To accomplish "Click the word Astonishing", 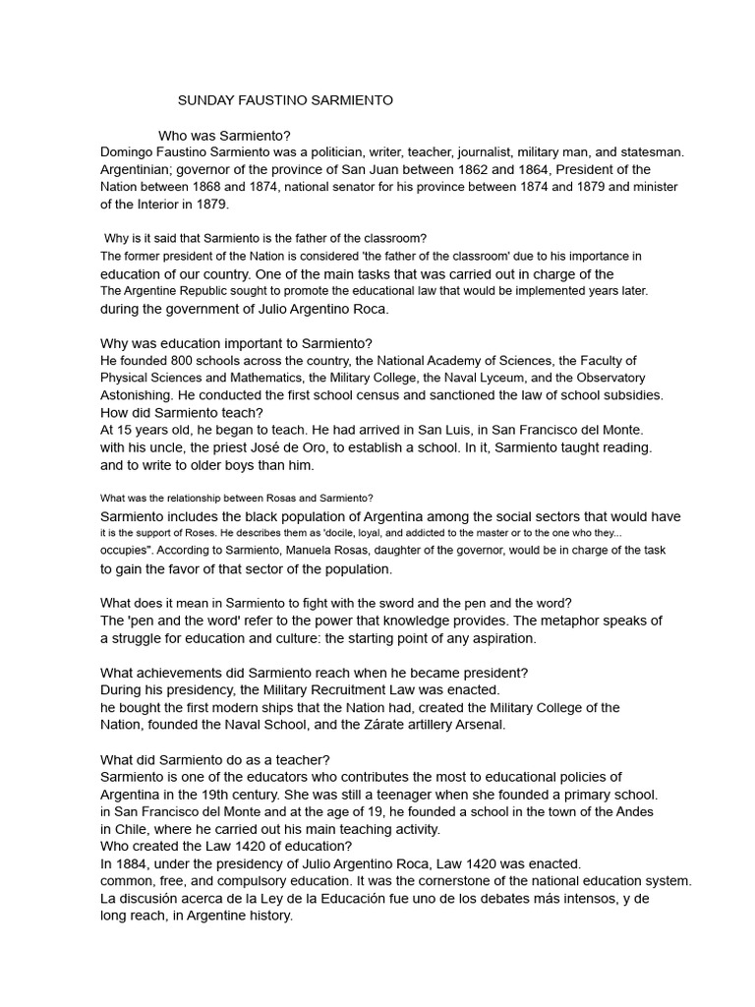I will [142, 394].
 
